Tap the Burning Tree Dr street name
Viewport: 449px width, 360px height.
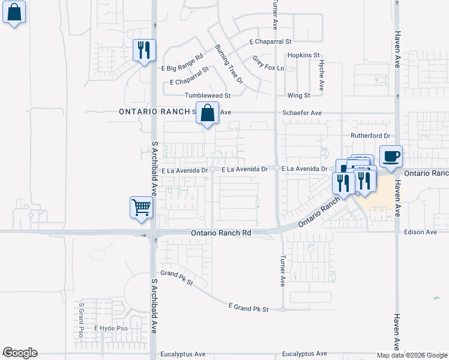[x=229, y=64]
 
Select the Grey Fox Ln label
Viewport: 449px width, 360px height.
[x=267, y=64]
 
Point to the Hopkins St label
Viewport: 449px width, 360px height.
[x=303, y=55]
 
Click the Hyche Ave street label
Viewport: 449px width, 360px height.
[x=322, y=76]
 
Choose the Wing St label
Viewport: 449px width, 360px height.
[x=298, y=95]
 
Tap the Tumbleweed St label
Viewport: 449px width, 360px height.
[x=207, y=95]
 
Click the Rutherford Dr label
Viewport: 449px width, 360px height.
[x=370, y=136]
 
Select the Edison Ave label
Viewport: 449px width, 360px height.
[x=420, y=232]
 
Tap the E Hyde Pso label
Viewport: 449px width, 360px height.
[x=111, y=329]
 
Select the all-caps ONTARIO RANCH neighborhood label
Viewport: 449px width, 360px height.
[x=154, y=112]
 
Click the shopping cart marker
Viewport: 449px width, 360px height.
[x=141, y=208]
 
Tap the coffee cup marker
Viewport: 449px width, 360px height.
[x=391, y=155]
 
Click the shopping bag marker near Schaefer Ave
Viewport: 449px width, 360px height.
[x=207, y=112]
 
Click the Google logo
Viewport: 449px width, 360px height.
[x=20, y=353]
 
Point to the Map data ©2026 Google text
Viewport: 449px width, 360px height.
[x=412, y=355]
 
